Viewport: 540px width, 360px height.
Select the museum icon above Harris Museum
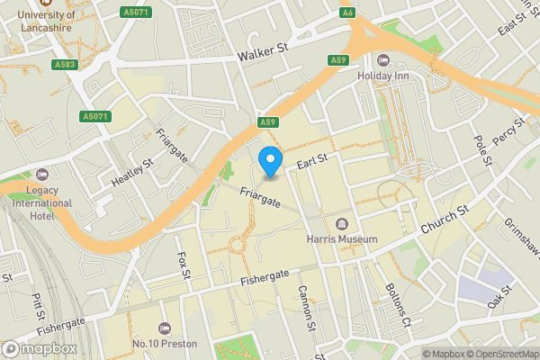point(341,224)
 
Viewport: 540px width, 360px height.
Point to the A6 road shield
point(346,13)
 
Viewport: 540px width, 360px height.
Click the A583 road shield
point(64,65)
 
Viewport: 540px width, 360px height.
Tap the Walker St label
point(261,56)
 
